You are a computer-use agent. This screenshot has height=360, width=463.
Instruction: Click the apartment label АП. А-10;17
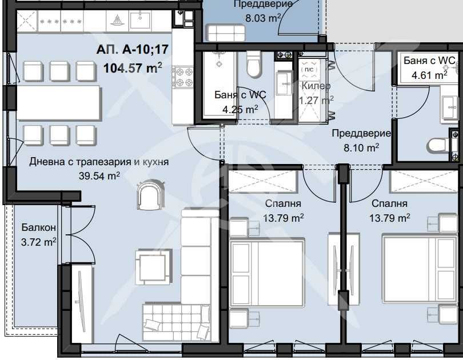[129, 50]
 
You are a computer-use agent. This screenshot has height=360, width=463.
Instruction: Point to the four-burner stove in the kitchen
[185, 78]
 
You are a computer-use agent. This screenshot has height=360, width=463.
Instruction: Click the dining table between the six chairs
[59, 103]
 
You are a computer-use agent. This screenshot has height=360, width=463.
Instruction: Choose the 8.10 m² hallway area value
[361, 148]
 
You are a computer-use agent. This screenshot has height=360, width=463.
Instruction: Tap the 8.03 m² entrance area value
[263, 18]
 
